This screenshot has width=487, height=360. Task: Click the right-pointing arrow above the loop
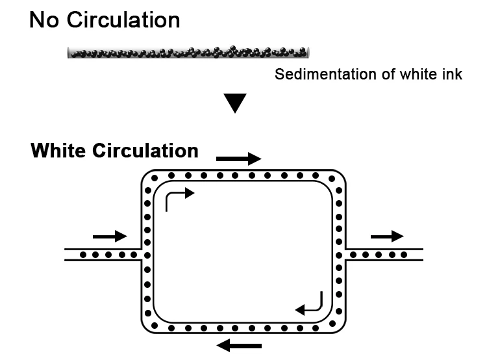pos(238,158)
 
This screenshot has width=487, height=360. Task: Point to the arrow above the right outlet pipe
pos(386,235)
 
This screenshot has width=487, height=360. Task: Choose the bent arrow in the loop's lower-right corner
pos(310,303)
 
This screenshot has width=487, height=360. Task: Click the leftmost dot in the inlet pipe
pos(82,254)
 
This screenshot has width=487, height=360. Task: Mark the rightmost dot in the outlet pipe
pos(403,254)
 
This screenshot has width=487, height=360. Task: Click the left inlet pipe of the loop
pos(104,254)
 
